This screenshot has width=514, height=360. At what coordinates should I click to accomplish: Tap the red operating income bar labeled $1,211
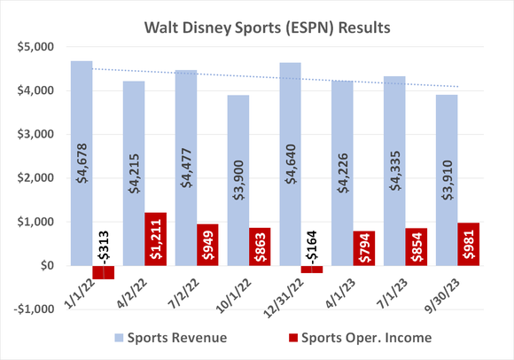pyautogui.click(x=153, y=239)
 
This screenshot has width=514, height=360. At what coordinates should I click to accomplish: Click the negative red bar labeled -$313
pyautogui.click(x=105, y=272)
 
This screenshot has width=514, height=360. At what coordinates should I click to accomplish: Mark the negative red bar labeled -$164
pyautogui.click(x=310, y=269)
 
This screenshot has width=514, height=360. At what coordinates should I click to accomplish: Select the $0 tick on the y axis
pyautogui.click(x=47, y=265)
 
